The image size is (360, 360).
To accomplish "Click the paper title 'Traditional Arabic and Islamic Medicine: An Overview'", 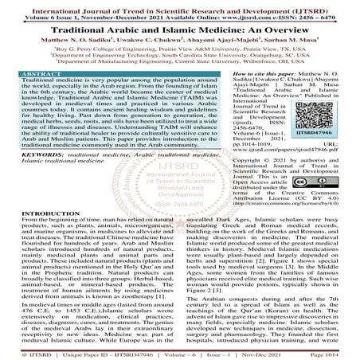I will pyautogui.click(x=180, y=25).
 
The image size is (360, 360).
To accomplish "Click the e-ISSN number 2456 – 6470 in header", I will pyautogui.click(x=319, y=14).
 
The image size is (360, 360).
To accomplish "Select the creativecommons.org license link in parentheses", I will pyautogui.click(x=284, y=203).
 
